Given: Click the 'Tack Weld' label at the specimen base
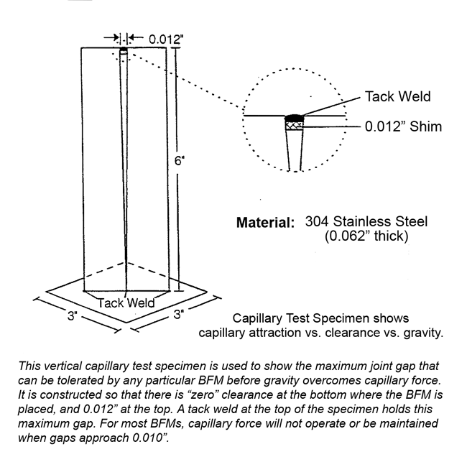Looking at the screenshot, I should coord(126,303).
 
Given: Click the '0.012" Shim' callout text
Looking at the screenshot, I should coord(403,126).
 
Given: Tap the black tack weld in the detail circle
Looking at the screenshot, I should coord(294,118).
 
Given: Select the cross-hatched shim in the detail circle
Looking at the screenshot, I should coord(294,126).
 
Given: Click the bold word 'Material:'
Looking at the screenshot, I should coord(266,223).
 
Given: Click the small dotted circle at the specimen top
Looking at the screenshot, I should coord(124,51).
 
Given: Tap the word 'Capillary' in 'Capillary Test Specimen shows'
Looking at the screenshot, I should coord(256,318).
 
